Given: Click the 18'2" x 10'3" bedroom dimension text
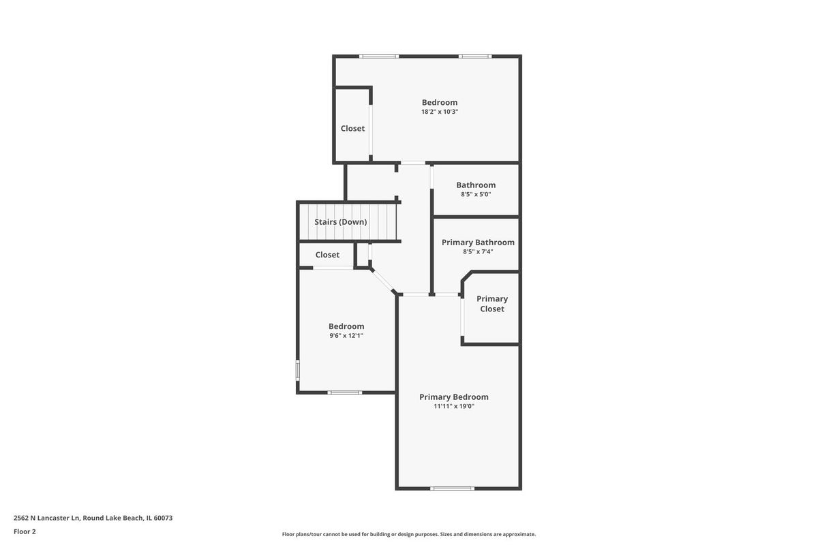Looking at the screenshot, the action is coord(440,112).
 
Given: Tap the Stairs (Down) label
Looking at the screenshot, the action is coord(341,222).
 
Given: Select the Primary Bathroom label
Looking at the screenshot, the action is coord(478,243).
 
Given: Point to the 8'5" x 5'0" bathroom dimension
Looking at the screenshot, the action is coord(476,194).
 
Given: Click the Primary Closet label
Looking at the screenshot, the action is coord(492,304).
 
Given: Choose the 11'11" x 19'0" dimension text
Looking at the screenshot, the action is coord(454,406).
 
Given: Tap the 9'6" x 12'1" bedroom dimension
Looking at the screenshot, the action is coord(346,335).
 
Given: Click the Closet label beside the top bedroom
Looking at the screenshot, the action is coord(353,129).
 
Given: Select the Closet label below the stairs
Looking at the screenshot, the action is coord(327,255).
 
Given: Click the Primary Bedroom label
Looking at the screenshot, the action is coord(454,396).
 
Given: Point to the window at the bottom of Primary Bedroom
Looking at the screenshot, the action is coord(452,488).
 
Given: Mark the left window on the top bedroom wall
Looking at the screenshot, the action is coord(379,57).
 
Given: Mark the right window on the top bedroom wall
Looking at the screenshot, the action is coord(475,57).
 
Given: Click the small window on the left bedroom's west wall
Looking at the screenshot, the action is coord(298,370).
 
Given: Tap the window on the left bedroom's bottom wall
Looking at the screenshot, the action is coord(345,393).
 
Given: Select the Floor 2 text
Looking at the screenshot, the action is coord(25,531).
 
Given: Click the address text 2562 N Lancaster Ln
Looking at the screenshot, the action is coord(46,518).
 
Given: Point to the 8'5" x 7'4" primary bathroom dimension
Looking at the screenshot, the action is coord(478,251).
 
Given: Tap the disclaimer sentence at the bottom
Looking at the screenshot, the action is coord(409,534).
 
